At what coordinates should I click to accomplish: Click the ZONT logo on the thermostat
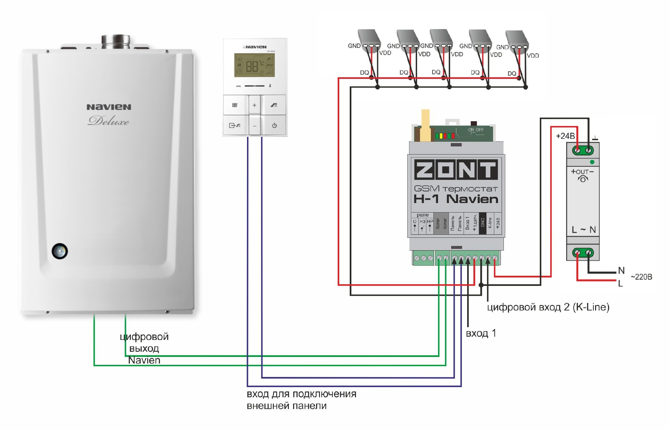pos(456,170)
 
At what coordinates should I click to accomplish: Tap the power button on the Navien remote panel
pos(274,125)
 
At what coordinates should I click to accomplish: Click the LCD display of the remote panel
pos(254,65)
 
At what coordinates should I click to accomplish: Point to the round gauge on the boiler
pos(60,252)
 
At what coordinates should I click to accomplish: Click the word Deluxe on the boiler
pos(108,121)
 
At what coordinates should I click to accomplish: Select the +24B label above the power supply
pos(565,136)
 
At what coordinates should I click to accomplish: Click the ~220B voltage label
pos(641,277)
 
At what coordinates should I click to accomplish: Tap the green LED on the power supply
pos(592,162)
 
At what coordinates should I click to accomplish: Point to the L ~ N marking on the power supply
pos(583,230)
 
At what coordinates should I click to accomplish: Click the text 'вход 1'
pos(481,333)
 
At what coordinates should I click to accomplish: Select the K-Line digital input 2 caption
pos(548,307)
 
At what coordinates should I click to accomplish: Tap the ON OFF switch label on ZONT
pos(476,130)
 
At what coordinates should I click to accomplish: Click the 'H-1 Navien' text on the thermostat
pos(456,199)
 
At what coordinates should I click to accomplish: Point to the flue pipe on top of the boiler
pos(115,41)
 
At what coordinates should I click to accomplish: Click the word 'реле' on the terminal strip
pos(423,215)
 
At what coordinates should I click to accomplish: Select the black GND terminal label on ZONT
pos(483,223)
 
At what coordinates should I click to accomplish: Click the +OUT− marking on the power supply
pos(582,172)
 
